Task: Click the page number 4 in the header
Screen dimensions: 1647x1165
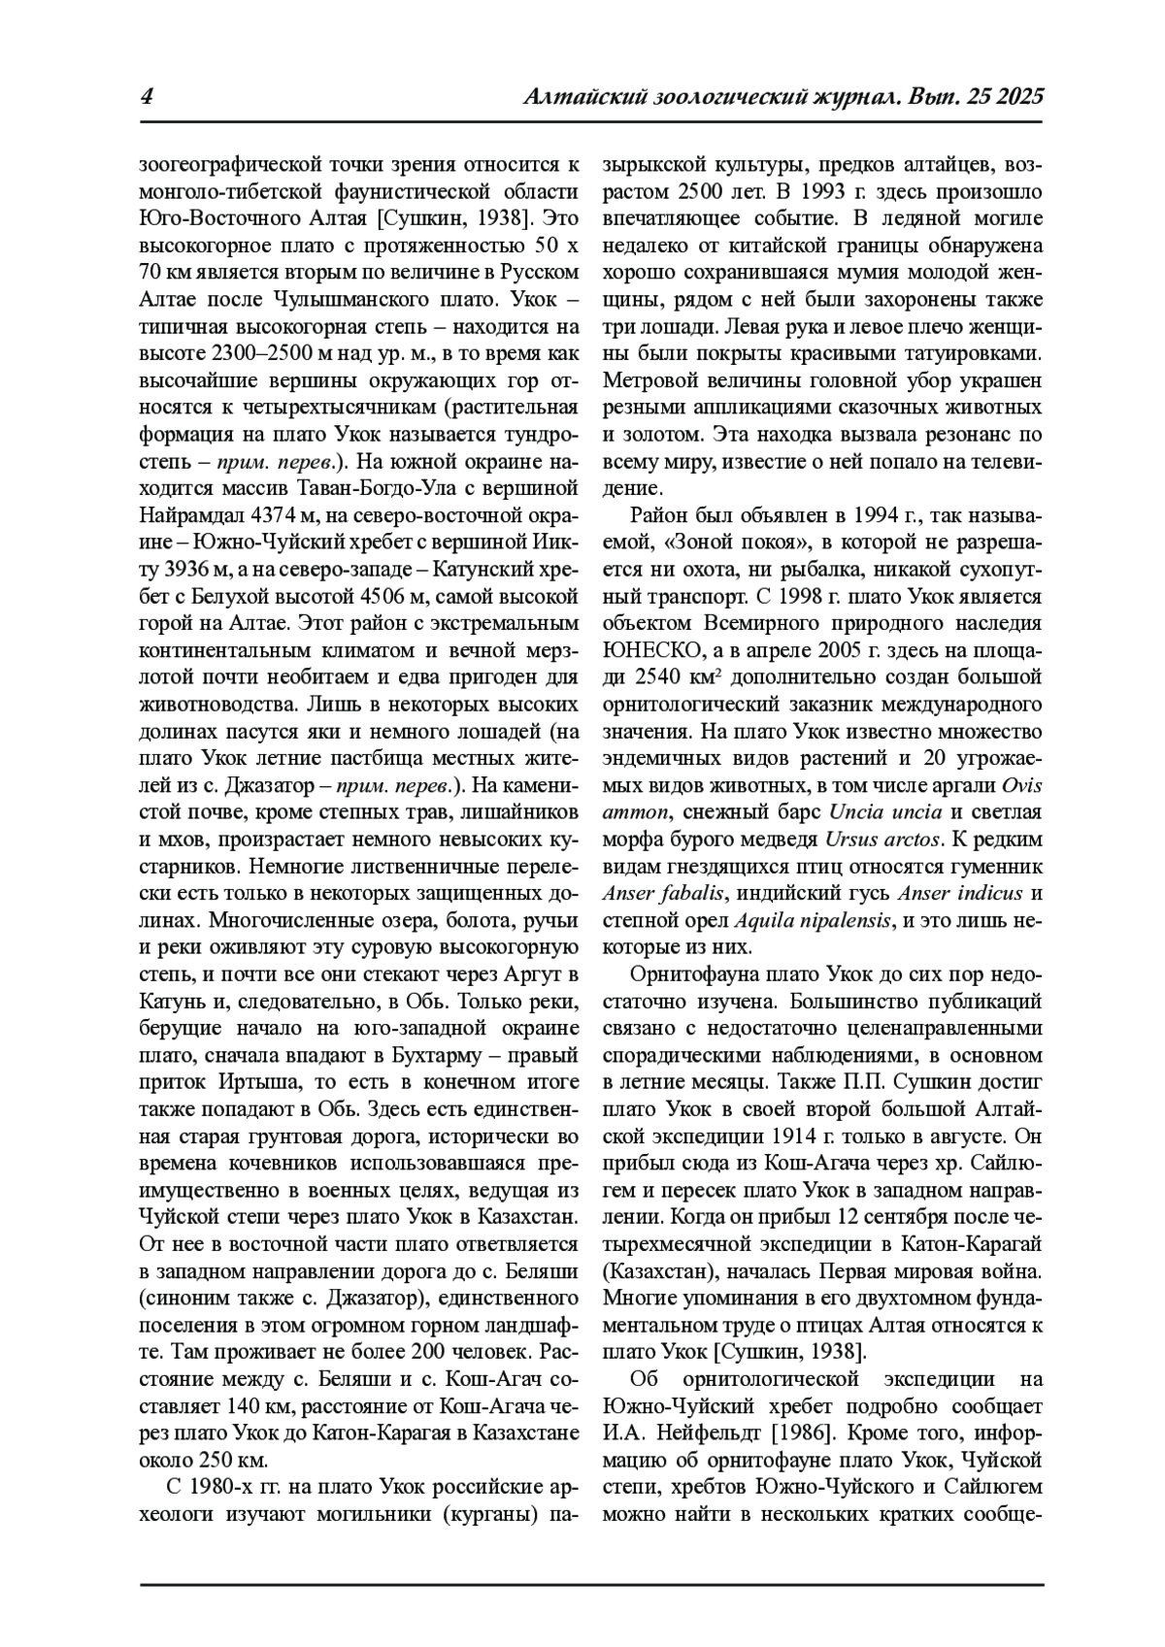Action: pos(148,97)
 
